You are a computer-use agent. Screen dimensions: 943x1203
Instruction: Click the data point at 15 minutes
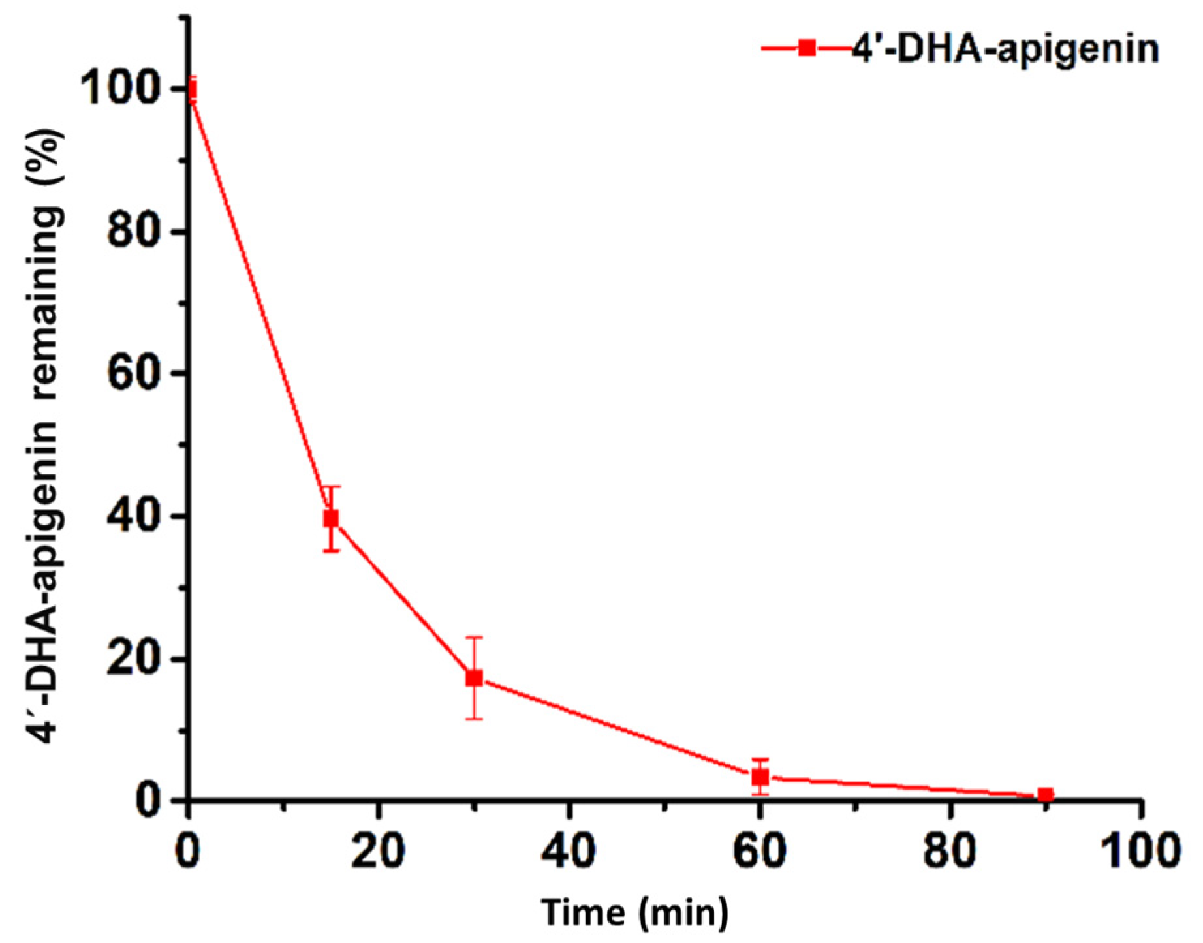pyautogui.click(x=331, y=518)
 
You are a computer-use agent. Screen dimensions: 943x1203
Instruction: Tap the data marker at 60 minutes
pyautogui.click(x=760, y=777)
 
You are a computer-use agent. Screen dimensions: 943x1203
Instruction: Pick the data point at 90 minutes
pyautogui.click(x=1046, y=795)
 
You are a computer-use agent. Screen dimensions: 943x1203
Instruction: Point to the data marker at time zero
pyautogui.click(x=189, y=89)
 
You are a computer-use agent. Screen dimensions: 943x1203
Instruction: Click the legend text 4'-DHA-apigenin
pyautogui.click(x=1005, y=49)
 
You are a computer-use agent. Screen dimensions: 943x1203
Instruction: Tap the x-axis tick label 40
pyautogui.click(x=569, y=851)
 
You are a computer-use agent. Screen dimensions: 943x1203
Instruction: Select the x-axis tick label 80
pyautogui.click(x=950, y=851)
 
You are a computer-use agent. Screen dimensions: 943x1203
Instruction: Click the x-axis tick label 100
pyautogui.click(x=1141, y=851)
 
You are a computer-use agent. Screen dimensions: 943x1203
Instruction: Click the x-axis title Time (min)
pyautogui.click(x=634, y=912)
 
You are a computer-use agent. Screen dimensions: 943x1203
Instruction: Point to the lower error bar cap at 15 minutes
pyautogui.click(x=331, y=551)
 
